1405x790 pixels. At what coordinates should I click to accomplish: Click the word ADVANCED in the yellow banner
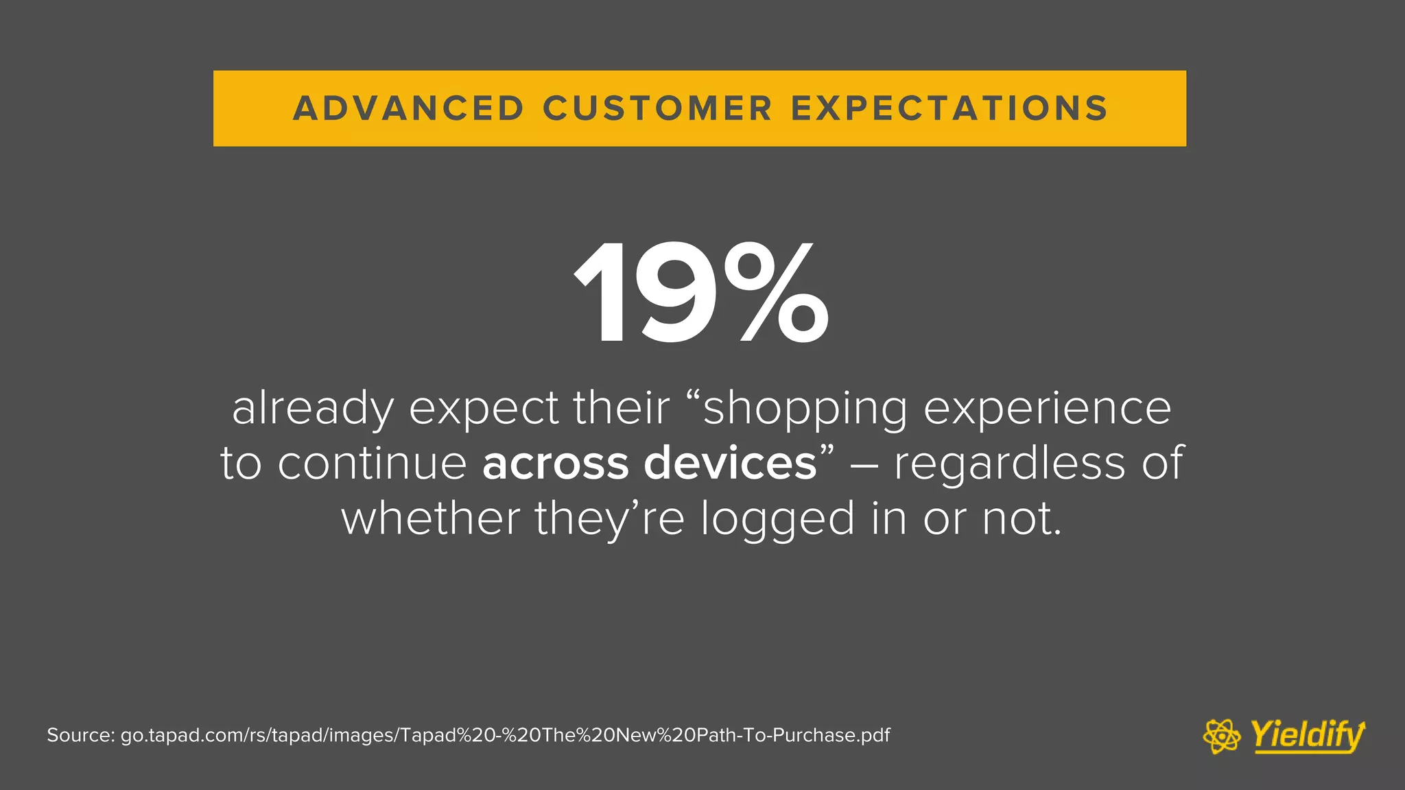[409, 108]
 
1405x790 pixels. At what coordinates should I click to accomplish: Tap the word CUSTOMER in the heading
[657, 108]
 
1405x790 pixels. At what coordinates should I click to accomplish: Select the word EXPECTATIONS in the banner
[949, 108]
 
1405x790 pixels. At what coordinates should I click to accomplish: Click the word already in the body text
[313, 409]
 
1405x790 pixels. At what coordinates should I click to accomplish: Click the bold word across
[555, 464]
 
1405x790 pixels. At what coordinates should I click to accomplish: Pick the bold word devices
[730, 464]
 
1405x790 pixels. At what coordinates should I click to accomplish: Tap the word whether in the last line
[430, 518]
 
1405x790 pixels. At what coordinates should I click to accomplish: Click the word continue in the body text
[372, 464]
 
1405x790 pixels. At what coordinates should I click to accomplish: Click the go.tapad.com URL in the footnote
[505, 736]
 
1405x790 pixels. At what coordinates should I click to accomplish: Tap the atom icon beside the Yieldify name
[1221, 737]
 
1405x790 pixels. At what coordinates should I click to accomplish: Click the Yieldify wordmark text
[1307, 736]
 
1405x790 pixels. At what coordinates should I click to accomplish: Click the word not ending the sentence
[1021, 518]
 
